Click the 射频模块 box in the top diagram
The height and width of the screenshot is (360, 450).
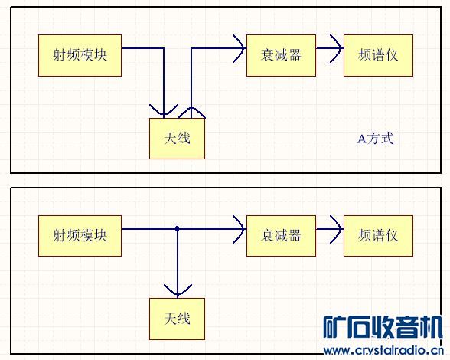[x=80, y=55]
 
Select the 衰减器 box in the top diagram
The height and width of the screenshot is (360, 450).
[x=281, y=55]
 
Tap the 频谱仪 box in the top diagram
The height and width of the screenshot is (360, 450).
[x=378, y=55]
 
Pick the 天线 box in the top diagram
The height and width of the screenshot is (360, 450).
[x=177, y=139]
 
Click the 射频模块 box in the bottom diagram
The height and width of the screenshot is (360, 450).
[x=80, y=236]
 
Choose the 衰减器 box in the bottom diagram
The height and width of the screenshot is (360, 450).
[x=281, y=236]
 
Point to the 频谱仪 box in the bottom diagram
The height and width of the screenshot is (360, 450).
[x=378, y=236]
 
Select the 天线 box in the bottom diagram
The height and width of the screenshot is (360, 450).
[x=177, y=319]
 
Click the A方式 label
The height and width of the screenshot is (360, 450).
[x=375, y=139]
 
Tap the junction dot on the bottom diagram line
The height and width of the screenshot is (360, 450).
[x=178, y=229]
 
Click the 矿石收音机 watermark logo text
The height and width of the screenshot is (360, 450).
[x=383, y=327]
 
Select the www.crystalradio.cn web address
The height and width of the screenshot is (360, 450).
[x=383, y=351]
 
